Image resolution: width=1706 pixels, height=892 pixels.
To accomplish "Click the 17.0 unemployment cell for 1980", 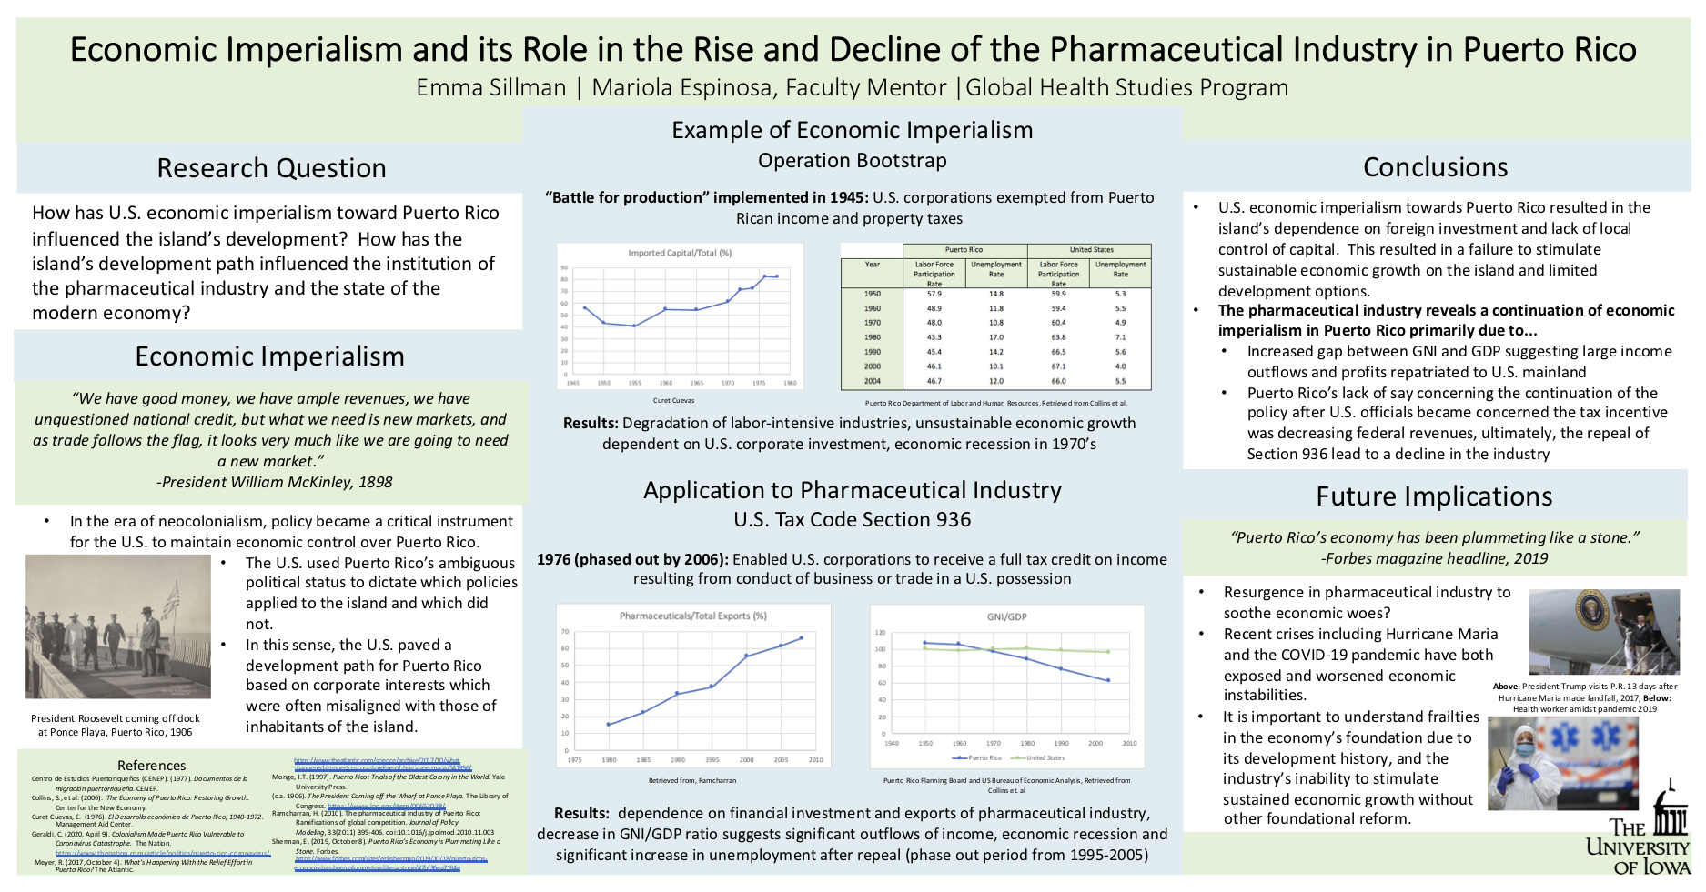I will (996, 337).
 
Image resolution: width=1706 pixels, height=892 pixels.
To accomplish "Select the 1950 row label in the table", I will (873, 294).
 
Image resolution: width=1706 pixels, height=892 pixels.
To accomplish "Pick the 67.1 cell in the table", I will (1058, 366).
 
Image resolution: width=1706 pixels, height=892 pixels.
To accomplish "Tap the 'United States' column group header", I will (1091, 249).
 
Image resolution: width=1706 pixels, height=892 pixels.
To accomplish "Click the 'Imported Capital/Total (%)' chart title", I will (680, 253).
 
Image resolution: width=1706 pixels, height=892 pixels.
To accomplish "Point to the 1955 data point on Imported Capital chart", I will (634, 326).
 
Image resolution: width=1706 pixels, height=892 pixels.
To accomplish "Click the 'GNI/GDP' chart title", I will (1006, 616).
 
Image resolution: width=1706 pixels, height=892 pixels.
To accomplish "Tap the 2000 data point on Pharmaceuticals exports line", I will (746, 656).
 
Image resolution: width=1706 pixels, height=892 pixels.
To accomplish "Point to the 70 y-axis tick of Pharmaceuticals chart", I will (565, 632).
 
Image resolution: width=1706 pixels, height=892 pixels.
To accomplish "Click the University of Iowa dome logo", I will (1670, 809).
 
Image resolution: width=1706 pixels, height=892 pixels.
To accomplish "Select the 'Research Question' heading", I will (271, 168).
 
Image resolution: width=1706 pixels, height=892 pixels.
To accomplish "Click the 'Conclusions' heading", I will (1435, 167).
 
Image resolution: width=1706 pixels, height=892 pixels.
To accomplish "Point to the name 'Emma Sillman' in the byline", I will (490, 87).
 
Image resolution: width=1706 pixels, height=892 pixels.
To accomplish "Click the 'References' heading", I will (151, 766).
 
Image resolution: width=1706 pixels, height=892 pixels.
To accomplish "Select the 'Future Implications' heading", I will (1434, 496).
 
